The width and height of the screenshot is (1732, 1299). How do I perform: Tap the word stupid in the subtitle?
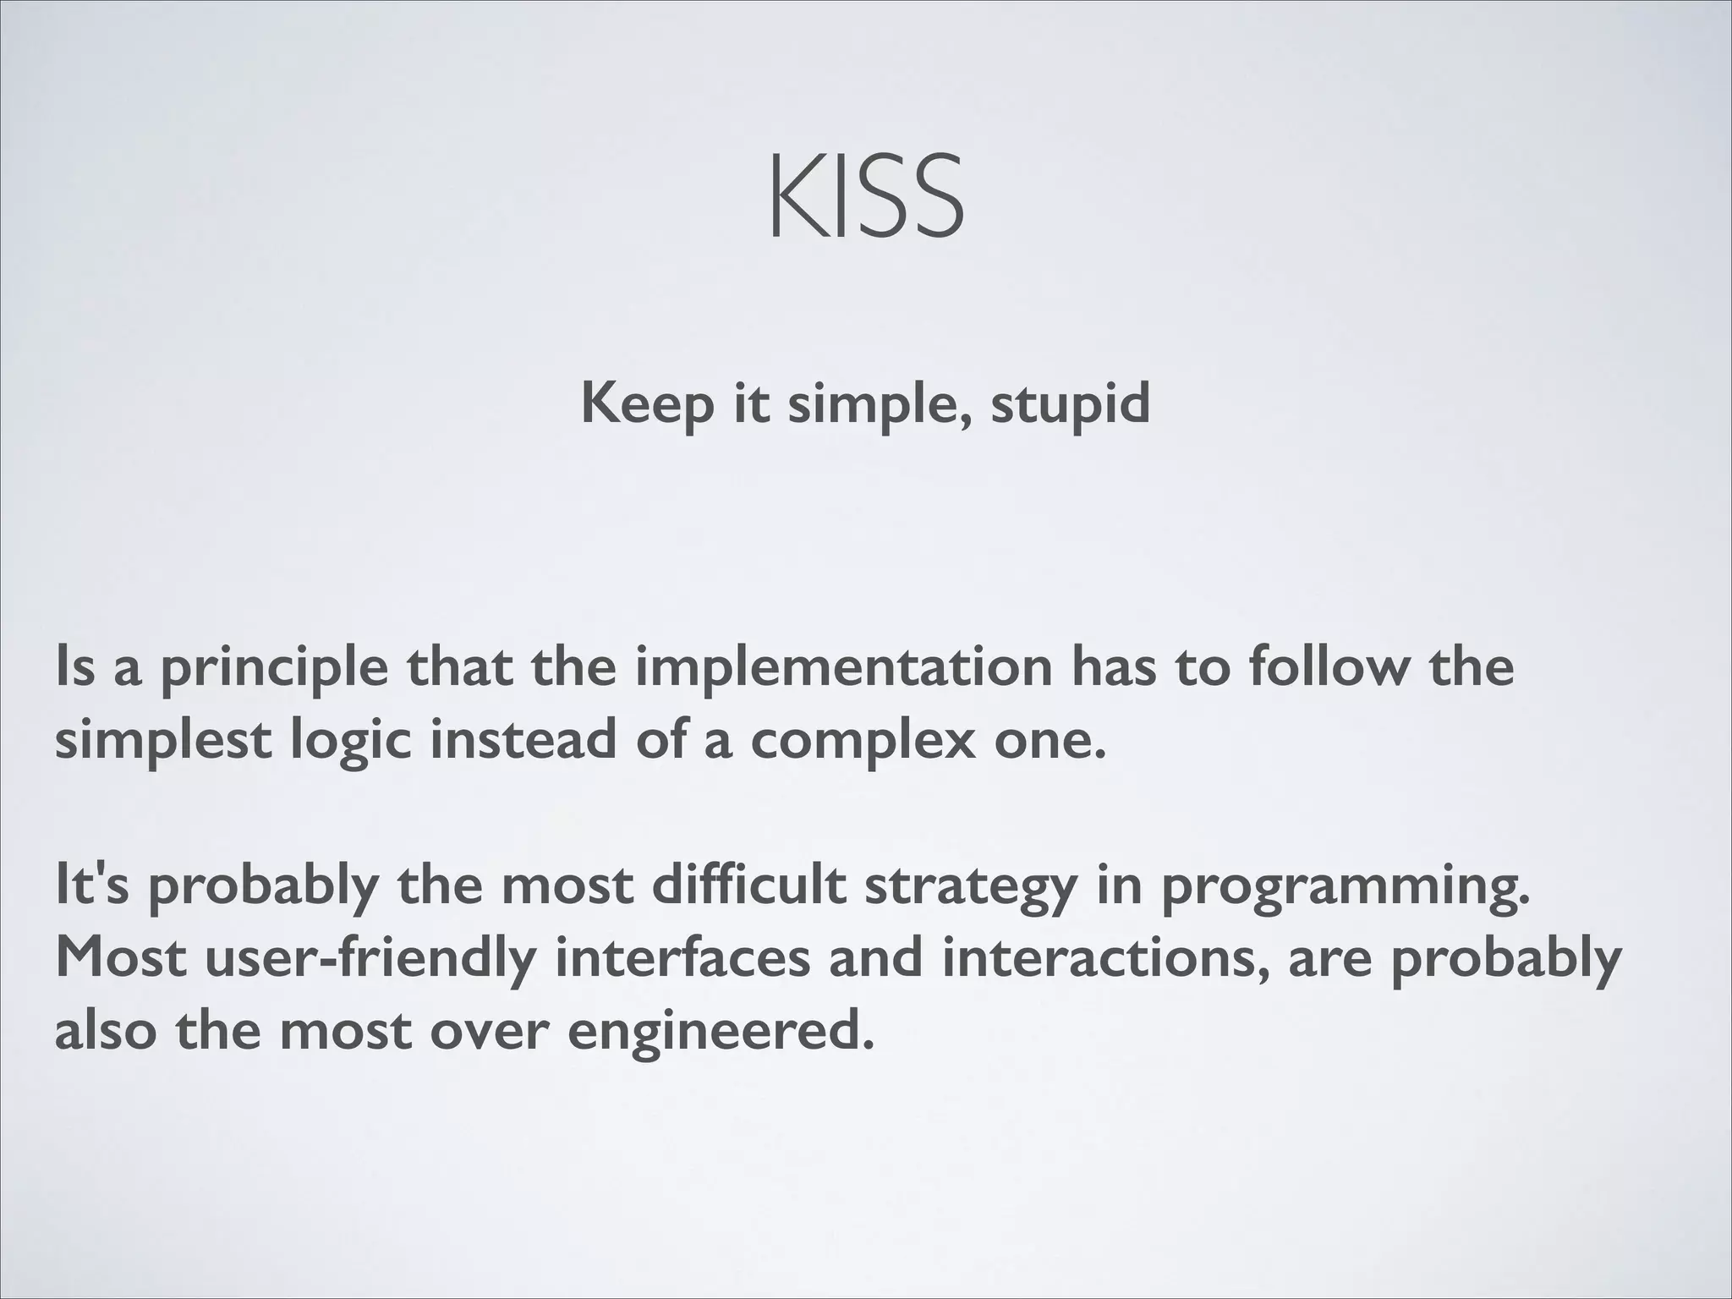tap(1070, 404)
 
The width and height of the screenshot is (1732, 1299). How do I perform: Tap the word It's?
tap(91, 885)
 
